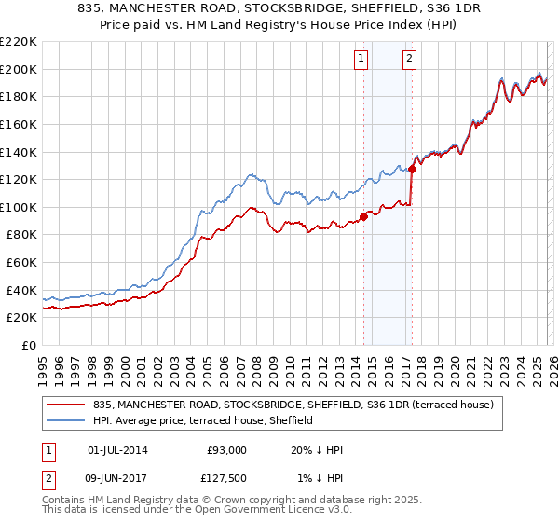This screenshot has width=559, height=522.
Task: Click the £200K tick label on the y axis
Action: (18, 69)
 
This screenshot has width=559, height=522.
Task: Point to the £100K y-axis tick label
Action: (18, 207)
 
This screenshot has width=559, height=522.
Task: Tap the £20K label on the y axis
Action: (20, 318)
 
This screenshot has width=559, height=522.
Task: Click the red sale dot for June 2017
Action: (412, 169)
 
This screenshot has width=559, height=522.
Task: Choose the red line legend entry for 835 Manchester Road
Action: (298, 405)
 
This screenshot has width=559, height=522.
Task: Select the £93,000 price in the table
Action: (226, 450)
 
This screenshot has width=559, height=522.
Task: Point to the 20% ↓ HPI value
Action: (317, 450)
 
